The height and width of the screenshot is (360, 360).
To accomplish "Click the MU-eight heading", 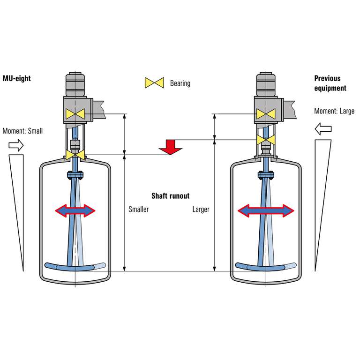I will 16,79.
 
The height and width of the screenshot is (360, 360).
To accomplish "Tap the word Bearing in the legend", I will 180,83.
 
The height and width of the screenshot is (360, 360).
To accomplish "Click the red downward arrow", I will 170,146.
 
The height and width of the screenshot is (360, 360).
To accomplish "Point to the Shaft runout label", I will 170,196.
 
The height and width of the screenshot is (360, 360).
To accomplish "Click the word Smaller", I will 138,210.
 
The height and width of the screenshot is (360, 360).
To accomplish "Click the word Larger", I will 201,210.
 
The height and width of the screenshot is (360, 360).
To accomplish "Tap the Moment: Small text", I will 22,131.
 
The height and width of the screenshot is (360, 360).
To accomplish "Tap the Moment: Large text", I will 335,112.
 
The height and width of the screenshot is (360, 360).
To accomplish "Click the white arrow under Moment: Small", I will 16,146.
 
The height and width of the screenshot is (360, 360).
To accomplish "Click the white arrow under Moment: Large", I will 323,128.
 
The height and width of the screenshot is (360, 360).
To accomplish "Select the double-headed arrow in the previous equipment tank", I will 266,211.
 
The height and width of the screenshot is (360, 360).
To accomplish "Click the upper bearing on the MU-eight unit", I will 75,113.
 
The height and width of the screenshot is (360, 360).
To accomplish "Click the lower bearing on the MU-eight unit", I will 75,154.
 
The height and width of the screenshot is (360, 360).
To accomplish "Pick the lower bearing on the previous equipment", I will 265,139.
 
